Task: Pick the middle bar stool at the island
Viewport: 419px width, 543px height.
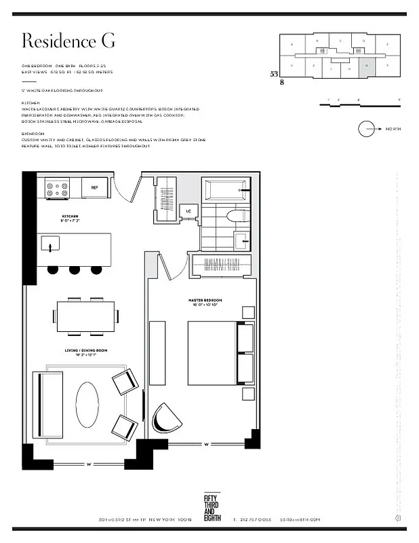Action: tap(73, 269)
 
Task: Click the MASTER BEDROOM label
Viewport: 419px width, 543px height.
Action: tap(205, 300)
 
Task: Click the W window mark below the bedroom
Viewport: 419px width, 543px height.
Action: tap(205, 445)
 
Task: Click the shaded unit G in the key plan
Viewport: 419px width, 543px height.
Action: tap(366, 66)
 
